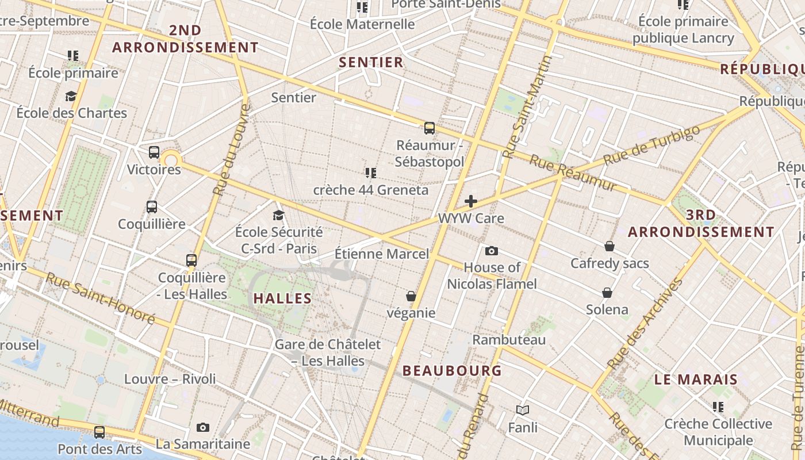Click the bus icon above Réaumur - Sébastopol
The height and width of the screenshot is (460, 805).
[429, 128]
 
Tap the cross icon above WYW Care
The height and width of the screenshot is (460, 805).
[471, 201]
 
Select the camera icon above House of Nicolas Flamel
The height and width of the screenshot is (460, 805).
[491, 251]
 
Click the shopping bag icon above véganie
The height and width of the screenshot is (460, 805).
[411, 296]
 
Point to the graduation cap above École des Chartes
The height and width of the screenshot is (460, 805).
[71, 96]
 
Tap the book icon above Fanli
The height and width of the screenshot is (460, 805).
[523, 410]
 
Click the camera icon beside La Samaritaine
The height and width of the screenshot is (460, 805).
[202, 427]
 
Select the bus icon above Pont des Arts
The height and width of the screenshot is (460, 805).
[99, 432]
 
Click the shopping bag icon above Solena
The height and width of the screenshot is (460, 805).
[607, 293]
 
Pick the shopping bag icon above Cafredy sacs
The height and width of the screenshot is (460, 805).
[609, 246]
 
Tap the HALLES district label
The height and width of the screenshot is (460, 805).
[282, 298]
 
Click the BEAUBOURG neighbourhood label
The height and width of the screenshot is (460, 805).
[453, 371]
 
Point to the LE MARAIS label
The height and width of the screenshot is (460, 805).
[696, 379]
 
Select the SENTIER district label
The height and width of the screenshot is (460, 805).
[371, 63]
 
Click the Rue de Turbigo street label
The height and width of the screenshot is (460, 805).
[653, 145]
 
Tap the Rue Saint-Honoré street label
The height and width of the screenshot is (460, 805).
[101, 297]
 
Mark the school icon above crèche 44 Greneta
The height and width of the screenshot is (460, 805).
[370, 172]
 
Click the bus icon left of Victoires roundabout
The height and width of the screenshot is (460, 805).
[154, 152]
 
